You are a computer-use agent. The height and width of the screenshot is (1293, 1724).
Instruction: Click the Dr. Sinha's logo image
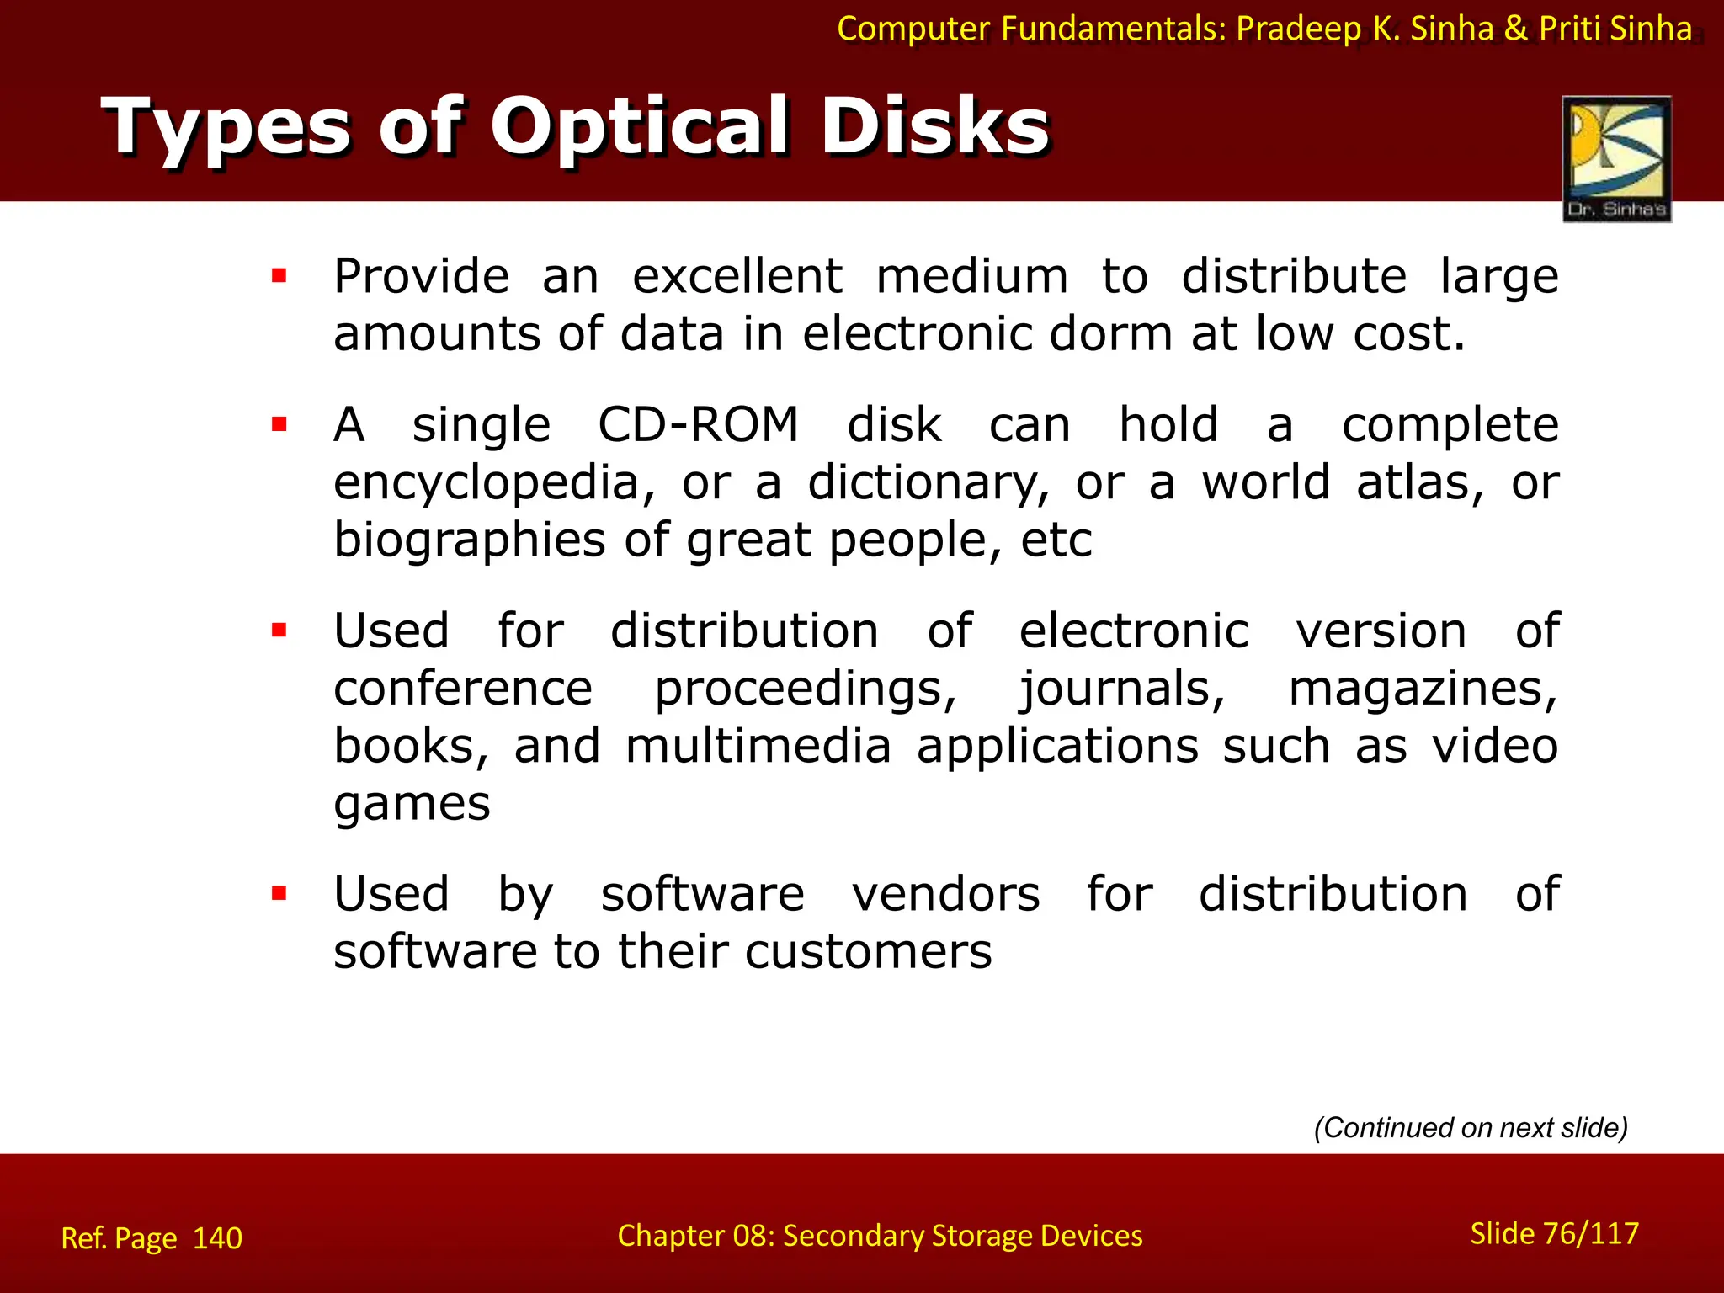(x=1616, y=158)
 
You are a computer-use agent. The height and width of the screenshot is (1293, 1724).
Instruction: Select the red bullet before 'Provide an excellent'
(x=279, y=275)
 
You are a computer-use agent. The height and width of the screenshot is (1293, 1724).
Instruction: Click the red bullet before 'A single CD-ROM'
(x=279, y=423)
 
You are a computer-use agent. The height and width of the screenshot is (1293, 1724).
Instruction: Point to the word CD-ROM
(x=698, y=424)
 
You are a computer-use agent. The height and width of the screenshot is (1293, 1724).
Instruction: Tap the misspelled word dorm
(x=1111, y=333)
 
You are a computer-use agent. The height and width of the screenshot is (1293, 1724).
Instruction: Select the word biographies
(x=469, y=540)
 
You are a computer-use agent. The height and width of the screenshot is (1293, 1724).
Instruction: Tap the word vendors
(x=945, y=894)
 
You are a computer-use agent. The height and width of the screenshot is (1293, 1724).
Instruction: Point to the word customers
(x=868, y=952)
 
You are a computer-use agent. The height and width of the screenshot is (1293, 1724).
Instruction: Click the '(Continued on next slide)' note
(x=1471, y=1127)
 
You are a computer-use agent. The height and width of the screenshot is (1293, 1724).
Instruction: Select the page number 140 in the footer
(x=217, y=1238)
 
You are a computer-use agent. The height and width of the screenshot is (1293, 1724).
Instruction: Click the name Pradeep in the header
(x=1298, y=29)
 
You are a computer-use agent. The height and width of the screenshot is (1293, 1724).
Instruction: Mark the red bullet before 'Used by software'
(x=279, y=893)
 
